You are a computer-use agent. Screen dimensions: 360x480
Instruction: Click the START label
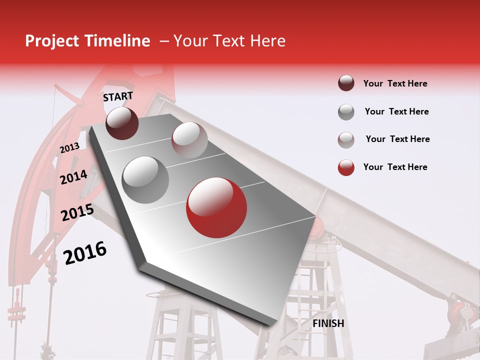118,96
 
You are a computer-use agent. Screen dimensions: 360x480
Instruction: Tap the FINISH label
328,323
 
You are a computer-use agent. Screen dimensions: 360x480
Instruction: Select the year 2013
69,148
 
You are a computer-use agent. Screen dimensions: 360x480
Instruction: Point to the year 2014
73,177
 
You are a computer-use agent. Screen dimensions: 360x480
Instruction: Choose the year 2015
77,213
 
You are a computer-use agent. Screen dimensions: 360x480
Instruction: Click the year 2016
85,252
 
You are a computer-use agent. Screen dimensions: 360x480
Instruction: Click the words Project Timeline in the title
87,41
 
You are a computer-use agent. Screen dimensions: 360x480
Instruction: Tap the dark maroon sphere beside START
122,123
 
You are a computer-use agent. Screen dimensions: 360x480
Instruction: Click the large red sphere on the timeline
216,207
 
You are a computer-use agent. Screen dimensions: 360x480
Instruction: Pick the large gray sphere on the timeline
145,179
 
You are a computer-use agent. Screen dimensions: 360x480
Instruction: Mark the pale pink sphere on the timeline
189,140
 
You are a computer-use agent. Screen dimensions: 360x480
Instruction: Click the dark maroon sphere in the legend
346,83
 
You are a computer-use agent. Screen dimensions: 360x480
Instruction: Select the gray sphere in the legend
346,112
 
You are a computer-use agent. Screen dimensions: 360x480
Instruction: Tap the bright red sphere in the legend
346,167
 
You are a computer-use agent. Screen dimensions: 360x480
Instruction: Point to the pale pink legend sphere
346,140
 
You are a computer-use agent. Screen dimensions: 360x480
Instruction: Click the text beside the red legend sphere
395,167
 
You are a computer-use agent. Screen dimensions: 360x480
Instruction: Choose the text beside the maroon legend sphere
395,83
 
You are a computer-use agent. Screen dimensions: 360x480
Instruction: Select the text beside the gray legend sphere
396,111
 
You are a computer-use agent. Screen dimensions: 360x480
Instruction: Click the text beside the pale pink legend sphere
397,139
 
